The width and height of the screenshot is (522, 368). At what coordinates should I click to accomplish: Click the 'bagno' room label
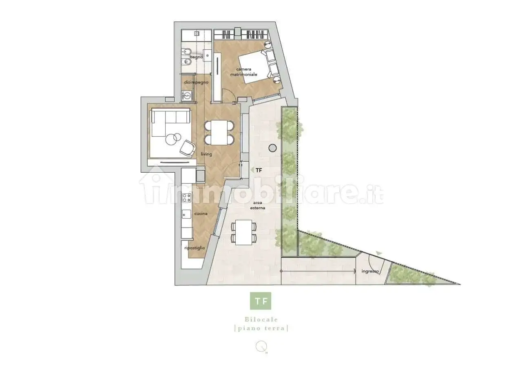click(x=196, y=57)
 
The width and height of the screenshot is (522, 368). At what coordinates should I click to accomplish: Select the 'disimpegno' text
click(x=196, y=82)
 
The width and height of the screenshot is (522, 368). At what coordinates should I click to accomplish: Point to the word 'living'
click(x=207, y=154)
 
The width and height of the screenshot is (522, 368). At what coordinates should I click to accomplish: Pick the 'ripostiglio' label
click(x=195, y=248)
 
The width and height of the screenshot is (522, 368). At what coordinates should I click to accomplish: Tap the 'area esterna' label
click(x=258, y=205)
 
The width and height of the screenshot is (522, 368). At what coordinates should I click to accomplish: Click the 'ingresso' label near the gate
click(x=370, y=271)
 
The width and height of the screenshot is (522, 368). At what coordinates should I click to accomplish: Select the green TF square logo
click(x=261, y=301)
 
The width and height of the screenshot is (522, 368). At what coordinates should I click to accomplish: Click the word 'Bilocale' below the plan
click(x=261, y=320)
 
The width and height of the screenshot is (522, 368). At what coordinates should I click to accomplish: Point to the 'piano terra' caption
click(x=261, y=329)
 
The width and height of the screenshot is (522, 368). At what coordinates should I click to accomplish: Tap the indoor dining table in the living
click(x=219, y=133)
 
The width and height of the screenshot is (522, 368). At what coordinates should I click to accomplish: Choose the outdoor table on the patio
click(x=244, y=232)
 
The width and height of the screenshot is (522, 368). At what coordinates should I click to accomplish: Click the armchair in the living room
click(x=187, y=148)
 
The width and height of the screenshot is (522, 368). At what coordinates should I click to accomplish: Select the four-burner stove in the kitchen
click(x=187, y=198)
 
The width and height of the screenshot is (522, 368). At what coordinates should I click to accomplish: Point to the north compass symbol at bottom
click(x=261, y=346)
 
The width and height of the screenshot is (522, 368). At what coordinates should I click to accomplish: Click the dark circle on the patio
click(x=273, y=148)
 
